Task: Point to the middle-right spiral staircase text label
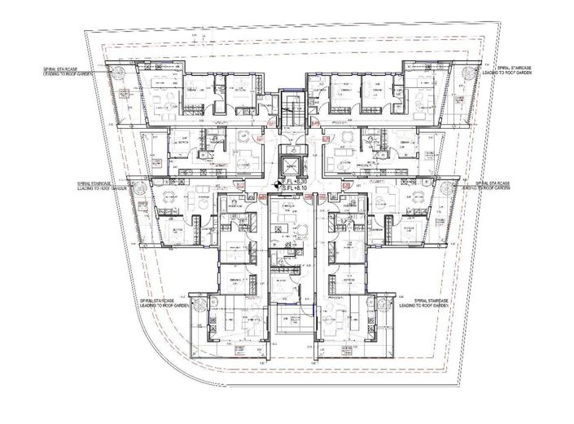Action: pyautogui.click(x=486, y=187)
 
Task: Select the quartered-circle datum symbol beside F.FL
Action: pyautogui.click(x=278, y=183)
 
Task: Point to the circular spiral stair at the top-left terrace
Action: pyautogui.click(x=120, y=76)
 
